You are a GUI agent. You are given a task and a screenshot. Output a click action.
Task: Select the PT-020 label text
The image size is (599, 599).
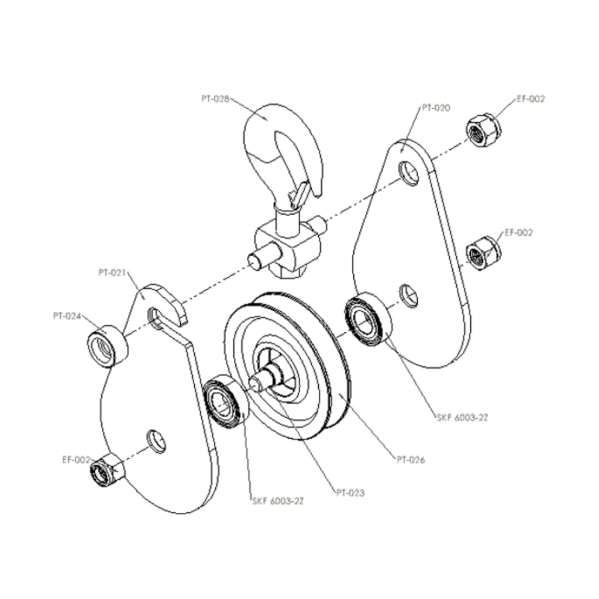[436, 109]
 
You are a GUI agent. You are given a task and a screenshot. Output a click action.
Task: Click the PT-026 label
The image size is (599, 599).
[410, 460]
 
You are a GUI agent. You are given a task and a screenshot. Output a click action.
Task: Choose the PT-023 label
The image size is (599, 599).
[350, 493]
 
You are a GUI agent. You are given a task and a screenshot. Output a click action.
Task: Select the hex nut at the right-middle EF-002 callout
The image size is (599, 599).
[484, 252]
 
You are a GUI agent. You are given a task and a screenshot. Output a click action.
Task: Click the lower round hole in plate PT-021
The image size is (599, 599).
[156, 440]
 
